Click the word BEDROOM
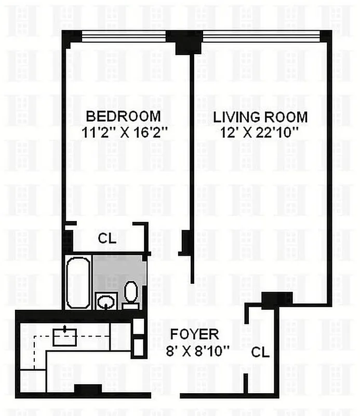tap(123, 115)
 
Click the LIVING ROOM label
tap(260, 117)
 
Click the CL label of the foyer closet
tap(260, 352)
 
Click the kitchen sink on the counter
tap(64, 337)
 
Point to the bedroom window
tap(124, 36)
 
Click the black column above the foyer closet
tap(276, 298)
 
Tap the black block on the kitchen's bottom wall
tap(87, 389)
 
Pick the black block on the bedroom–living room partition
tap(185, 242)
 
